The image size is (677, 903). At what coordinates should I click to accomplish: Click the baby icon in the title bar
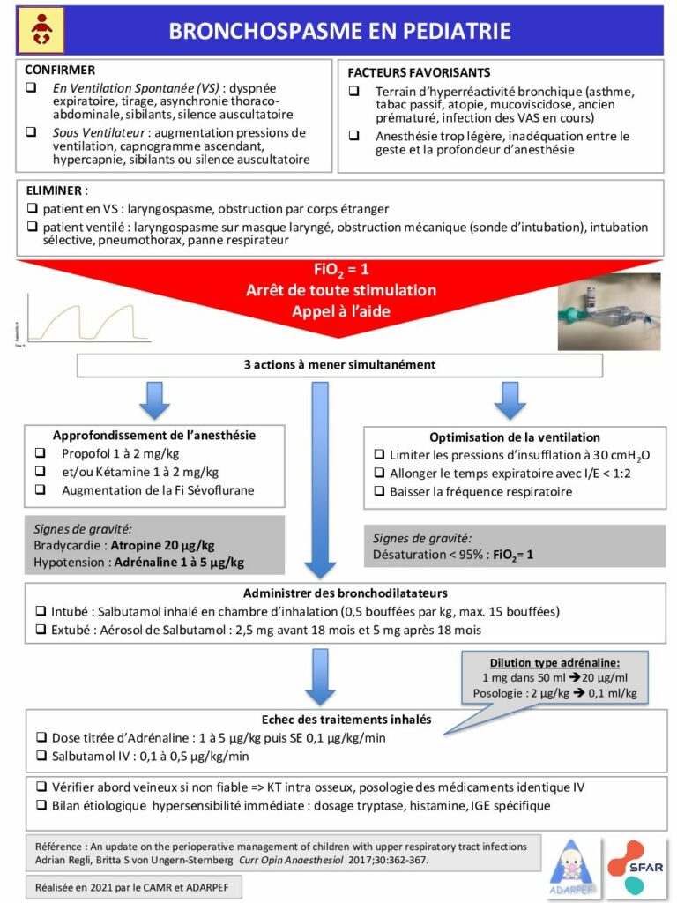click(x=41, y=30)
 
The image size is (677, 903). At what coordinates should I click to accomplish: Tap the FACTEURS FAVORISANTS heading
click(x=419, y=73)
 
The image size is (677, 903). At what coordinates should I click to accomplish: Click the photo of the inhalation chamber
click(x=608, y=310)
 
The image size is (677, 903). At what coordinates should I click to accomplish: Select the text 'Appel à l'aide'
click(x=338, y=310)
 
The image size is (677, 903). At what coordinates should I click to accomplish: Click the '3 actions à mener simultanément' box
click(x=339, y=364)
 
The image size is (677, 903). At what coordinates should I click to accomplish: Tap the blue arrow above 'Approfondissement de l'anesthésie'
click(x=154, y=401)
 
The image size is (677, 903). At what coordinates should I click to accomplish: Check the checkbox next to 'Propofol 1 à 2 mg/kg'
click(x=41, y=453)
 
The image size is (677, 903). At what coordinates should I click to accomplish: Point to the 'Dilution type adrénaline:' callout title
click(x=554, y=662)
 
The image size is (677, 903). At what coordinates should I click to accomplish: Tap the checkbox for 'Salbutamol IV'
click(x=41, y=757)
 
